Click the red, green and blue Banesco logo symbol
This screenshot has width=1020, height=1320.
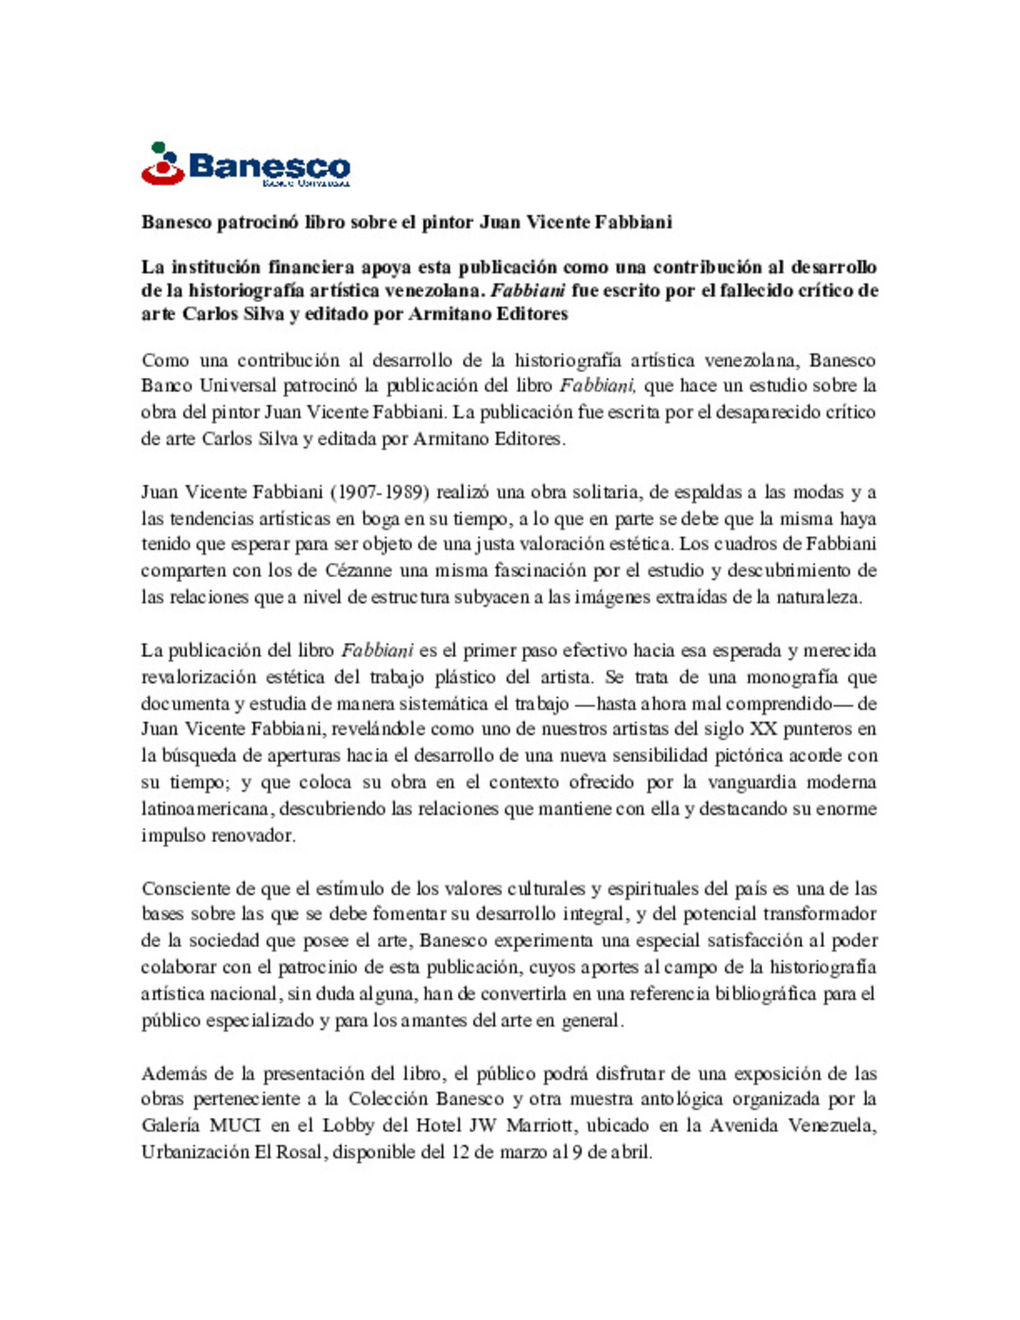tap(162, 164)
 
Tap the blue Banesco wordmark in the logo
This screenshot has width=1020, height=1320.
tap(269, 166)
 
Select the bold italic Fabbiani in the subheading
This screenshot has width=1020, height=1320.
tap(528, 291)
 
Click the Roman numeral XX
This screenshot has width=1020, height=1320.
tap(763, 729)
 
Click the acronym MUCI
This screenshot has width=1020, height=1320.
tap(235, 1125)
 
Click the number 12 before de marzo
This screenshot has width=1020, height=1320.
tap(460, 1152)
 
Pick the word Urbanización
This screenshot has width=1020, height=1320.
tap(195, 1152)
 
